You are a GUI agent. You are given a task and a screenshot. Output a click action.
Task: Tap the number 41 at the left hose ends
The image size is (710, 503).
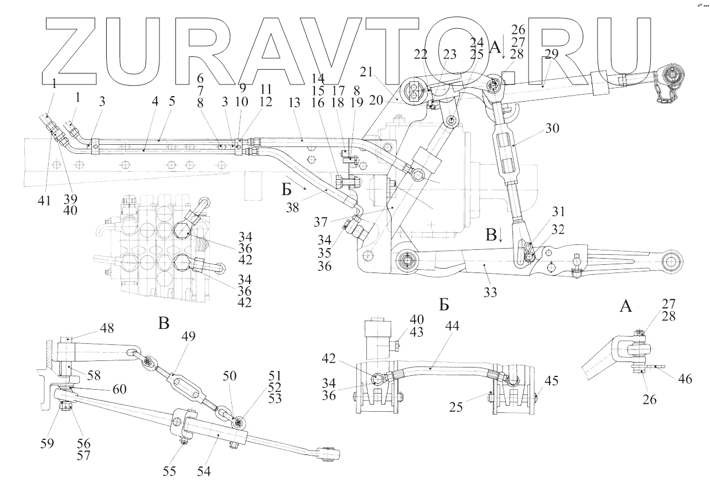(x=44, y=201)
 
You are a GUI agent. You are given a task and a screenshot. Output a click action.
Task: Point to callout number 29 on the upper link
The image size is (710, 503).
(x=552, y=54)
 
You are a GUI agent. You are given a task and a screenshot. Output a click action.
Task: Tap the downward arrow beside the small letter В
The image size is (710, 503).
(x=500, y=236)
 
